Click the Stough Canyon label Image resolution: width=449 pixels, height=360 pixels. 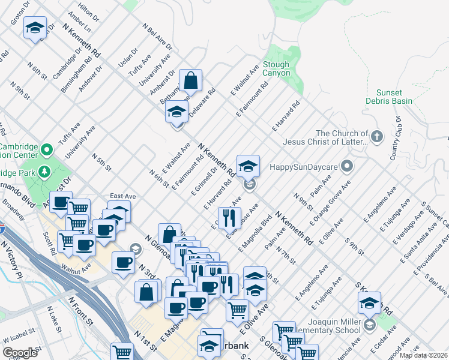(x=276, y=69)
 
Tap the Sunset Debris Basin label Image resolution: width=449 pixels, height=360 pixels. (x=389, y=97)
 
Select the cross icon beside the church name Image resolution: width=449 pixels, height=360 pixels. (x=377, y=137)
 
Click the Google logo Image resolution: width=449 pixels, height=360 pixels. (x=20, y=353)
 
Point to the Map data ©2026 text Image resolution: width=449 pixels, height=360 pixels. (x=423, y=355)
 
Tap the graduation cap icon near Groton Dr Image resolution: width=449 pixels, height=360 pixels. (x=35, y=28)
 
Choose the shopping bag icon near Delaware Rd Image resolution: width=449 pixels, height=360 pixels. (x=190, y=80)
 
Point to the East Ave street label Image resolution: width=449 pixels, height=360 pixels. (x=123, y=196)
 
